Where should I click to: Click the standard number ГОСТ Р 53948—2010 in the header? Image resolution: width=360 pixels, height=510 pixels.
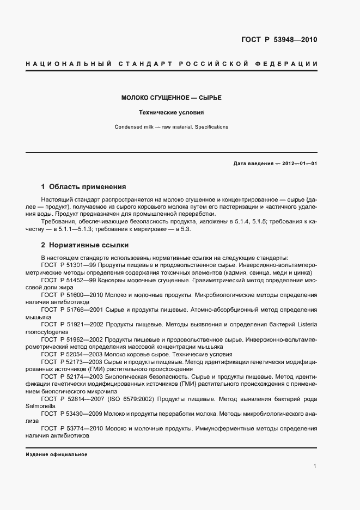(x=279, y=40)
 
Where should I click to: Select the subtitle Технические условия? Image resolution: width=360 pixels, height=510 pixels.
(x=171, y=113)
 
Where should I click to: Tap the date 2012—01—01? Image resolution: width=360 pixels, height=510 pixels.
(x=300, y=163)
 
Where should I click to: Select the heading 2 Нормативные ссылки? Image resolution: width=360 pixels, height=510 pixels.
(x=85, y=245)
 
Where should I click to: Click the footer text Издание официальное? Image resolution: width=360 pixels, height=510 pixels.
(x=57, y=454)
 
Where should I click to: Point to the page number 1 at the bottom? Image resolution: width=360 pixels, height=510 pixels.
(x=315, y=466)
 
